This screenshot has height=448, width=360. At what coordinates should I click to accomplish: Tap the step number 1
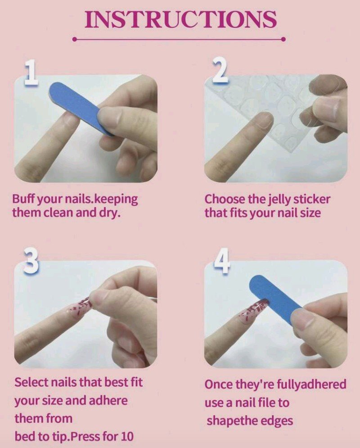(x=31, y=72)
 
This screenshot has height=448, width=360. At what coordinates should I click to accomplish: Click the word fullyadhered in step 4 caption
(x=311, y=384)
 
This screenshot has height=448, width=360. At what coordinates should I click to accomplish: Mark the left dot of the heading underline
(x=75, y=39)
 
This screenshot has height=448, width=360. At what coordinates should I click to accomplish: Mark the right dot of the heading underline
(x=283, y=39)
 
